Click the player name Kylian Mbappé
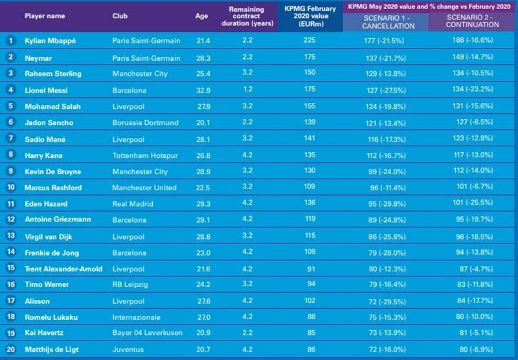pyautogui.click(x=50, y=40)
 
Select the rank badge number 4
pyautogui.click(x=10, y=91)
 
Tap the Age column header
pyautogui.click(x=201, y=16)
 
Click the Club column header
pyautogui.click(x=120, y=16)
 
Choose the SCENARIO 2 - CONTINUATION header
pyautogui.click(x=473, y=21)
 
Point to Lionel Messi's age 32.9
pyautogui.click(x=202, y=91)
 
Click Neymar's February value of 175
pyautogui.click(x=310, y=57)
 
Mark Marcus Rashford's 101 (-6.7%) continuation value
pyautogui.click(x=473, y=188)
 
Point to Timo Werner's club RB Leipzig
pyautogui.click(x=129, y=284)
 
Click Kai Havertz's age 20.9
pyautogui.click(x=202, y=332)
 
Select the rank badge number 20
pyautogui.click(x=10, y=349)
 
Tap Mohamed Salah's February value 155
pyautogui.click(x=310, y=106)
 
